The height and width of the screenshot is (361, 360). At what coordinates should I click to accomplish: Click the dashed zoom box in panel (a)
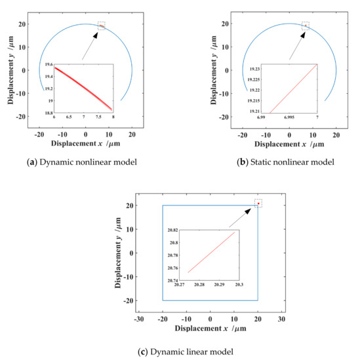point(101,25)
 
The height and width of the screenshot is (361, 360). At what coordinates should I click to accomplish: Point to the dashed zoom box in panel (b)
point(306,26)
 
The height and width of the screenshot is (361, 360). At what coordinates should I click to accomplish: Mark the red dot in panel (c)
point(258,203)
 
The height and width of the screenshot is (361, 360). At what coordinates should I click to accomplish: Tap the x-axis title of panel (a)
point(85,142)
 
